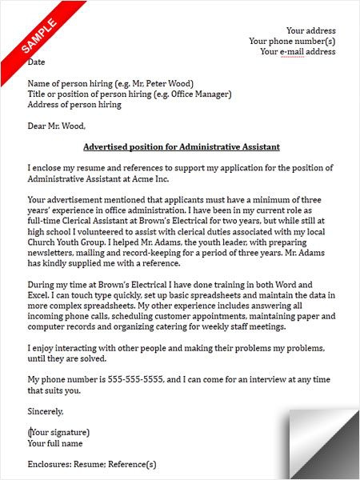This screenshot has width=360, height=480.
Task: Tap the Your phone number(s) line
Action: click(x=292, y=42)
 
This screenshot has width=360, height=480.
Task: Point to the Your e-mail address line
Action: click(x=298, y=52)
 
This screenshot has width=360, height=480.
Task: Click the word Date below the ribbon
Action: click(x=37, y=62)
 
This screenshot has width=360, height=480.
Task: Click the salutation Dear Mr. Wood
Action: click(x=56, y=125)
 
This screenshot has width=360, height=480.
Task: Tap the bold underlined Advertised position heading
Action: click(x=182, y=147)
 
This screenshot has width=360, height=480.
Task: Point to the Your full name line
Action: click(x=56, y=442)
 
